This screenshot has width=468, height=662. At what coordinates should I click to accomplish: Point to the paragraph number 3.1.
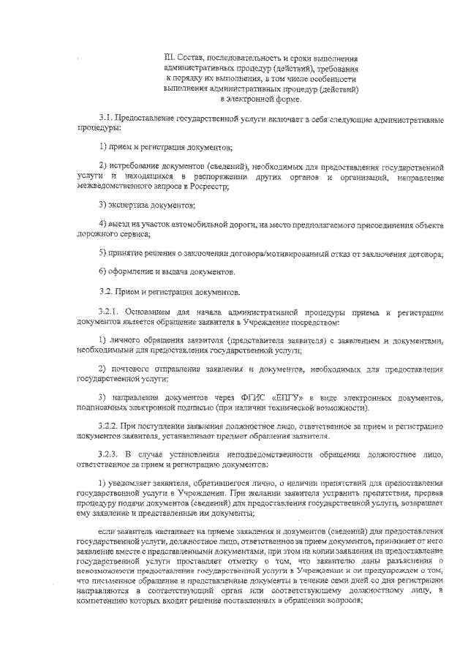click(107, 117)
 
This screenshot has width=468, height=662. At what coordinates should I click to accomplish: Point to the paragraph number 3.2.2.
click(110, 426)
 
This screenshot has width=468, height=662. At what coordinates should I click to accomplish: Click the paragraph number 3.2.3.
click(110, 454)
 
